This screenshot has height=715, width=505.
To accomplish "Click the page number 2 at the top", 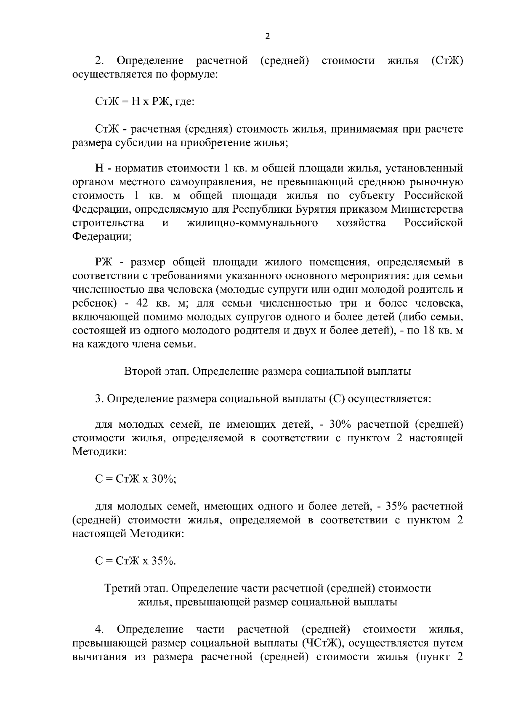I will point(268,36).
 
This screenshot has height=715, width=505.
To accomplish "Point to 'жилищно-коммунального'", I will point(252,223).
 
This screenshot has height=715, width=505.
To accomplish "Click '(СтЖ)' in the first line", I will point(447,61).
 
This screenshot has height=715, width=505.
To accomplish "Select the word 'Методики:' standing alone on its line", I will point(99,452).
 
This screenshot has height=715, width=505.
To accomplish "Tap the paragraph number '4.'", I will point(100,630).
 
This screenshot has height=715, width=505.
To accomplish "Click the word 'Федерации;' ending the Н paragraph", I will point(102,236).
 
